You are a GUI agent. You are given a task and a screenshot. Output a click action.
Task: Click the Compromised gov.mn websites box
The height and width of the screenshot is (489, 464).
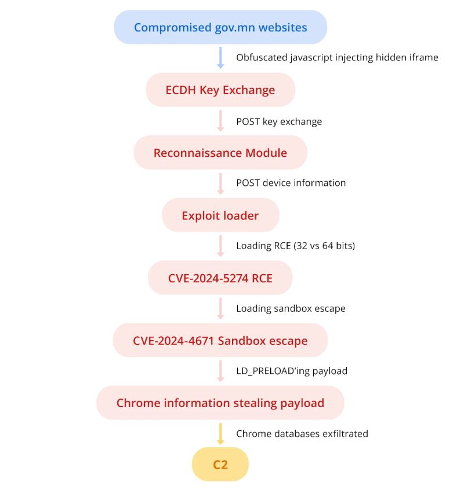coord(220,27)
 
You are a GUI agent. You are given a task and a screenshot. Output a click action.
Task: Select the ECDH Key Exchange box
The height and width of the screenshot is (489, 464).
coord(220,90)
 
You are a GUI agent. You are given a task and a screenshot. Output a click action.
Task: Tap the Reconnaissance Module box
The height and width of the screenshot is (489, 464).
coord(220,153)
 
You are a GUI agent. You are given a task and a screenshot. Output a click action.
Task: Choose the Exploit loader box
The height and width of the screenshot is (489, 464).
coord(220,215)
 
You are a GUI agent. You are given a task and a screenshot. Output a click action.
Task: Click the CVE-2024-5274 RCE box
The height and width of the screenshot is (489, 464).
coord(220,278)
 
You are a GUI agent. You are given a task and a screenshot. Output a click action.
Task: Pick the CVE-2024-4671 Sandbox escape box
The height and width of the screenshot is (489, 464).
coord(220,340)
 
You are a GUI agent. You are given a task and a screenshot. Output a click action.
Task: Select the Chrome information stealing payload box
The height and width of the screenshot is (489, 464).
coord(220,403)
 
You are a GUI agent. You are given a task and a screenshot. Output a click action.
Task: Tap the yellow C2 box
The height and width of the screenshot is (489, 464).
coord(220,465)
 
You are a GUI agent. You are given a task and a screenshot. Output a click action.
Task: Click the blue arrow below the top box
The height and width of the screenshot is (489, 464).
coord(220,58)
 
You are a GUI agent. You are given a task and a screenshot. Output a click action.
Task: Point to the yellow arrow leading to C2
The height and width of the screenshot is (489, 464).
coord(220,434)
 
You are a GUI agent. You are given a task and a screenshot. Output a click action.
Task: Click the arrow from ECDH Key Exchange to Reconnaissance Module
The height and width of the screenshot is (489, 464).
coord(220,121)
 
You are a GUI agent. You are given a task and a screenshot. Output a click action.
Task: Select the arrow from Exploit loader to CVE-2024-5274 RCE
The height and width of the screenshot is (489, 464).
coord(220,246)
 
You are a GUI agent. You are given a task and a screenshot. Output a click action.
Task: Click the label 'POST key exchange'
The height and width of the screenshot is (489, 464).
coord(278,121)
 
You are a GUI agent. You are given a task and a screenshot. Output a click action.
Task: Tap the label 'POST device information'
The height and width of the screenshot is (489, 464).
coord(291,183)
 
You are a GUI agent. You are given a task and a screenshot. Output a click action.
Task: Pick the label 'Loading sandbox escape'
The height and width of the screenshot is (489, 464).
coord(291,308)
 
